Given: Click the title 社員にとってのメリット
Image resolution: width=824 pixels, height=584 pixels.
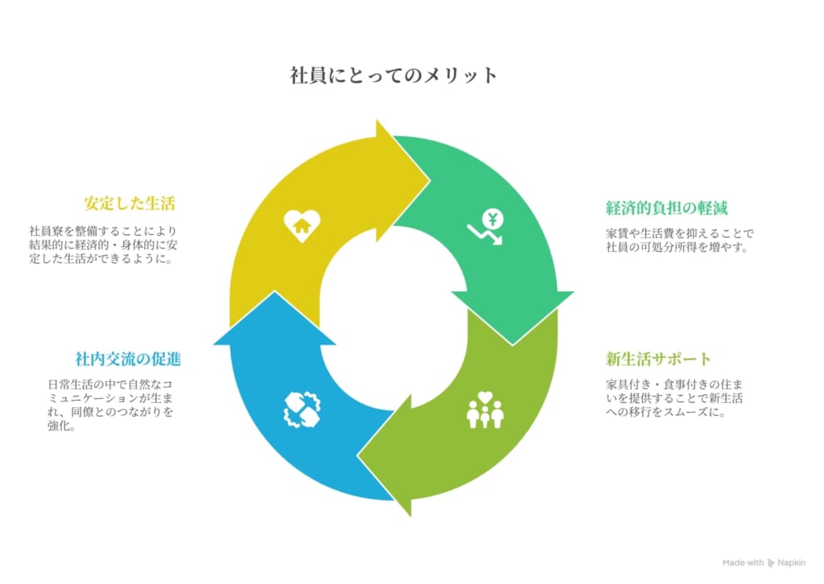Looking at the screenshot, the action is [393, 76].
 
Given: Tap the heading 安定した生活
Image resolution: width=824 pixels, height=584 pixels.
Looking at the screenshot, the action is [130, 204].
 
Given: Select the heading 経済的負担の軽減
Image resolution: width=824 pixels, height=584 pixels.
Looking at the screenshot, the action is [666, 208].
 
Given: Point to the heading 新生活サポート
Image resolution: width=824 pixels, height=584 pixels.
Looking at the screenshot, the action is [658, 360].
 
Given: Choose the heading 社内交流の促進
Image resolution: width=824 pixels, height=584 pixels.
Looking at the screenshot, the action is [128, 360].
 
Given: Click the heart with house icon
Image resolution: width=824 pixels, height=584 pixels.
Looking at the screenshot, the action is [303, 226].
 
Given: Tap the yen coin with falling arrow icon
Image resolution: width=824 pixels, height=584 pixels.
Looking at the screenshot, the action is [486, 227].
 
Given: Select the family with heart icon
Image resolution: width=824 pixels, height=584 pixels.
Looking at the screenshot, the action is [485, 409].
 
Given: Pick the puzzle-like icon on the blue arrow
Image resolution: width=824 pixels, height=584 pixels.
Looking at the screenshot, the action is [303, 409].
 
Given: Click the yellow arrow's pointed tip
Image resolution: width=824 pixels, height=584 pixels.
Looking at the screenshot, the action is [430, 181].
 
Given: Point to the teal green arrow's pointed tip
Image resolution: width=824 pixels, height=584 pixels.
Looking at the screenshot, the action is [513, 344].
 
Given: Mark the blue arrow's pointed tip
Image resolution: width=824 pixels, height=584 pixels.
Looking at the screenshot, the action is [274, 293].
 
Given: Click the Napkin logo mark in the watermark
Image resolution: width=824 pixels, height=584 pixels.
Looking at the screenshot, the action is [771, 563].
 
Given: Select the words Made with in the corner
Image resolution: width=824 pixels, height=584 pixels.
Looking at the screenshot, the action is [743, 563].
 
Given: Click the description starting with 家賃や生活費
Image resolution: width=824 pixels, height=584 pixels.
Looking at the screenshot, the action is [679, 240].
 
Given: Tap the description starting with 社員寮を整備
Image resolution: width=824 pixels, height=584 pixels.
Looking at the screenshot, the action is [103, 245].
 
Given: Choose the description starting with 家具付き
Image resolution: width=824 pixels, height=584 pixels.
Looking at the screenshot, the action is [674, 398].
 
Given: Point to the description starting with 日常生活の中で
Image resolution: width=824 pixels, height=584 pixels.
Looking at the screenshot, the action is [110, 405].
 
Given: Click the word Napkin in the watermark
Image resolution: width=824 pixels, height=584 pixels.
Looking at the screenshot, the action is [792, 563].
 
